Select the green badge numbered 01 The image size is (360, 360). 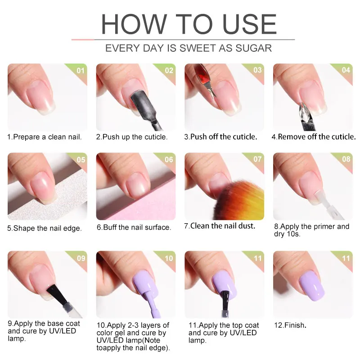[x=80, y=70]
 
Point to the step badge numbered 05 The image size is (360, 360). [x=80, y=159]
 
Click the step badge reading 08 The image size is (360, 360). [x=346, y=159]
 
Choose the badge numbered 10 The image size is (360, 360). [x=168, y=258]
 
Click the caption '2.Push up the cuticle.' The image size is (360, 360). [x=132, y=137]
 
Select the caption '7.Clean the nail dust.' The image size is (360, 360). [x=220, y=226]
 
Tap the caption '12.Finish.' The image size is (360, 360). [x=290, y=324]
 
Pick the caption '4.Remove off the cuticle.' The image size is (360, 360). [x=313, y=137]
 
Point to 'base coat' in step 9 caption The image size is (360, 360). [x=63, y=324]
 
